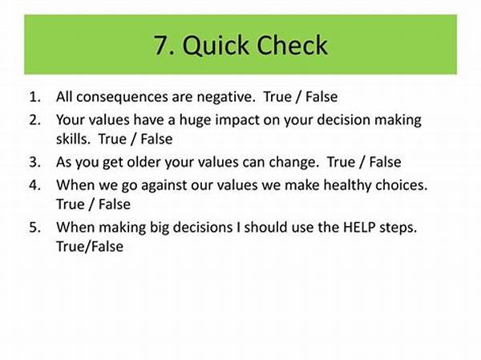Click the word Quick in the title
[x=216, y=46]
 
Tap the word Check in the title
[x=292, y=45]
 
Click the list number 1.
[x=34, y=97]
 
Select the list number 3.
[x=34, y=162]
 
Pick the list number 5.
[x=34, y=227]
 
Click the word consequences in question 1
[x=122, y=97]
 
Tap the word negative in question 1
[x=226, y=97]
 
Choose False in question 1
[x=321, y=97]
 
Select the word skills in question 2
[x=73, y=139]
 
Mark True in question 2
[x=112, y=139]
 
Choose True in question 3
[x=341, y=162]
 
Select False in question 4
[x=115, y=204]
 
